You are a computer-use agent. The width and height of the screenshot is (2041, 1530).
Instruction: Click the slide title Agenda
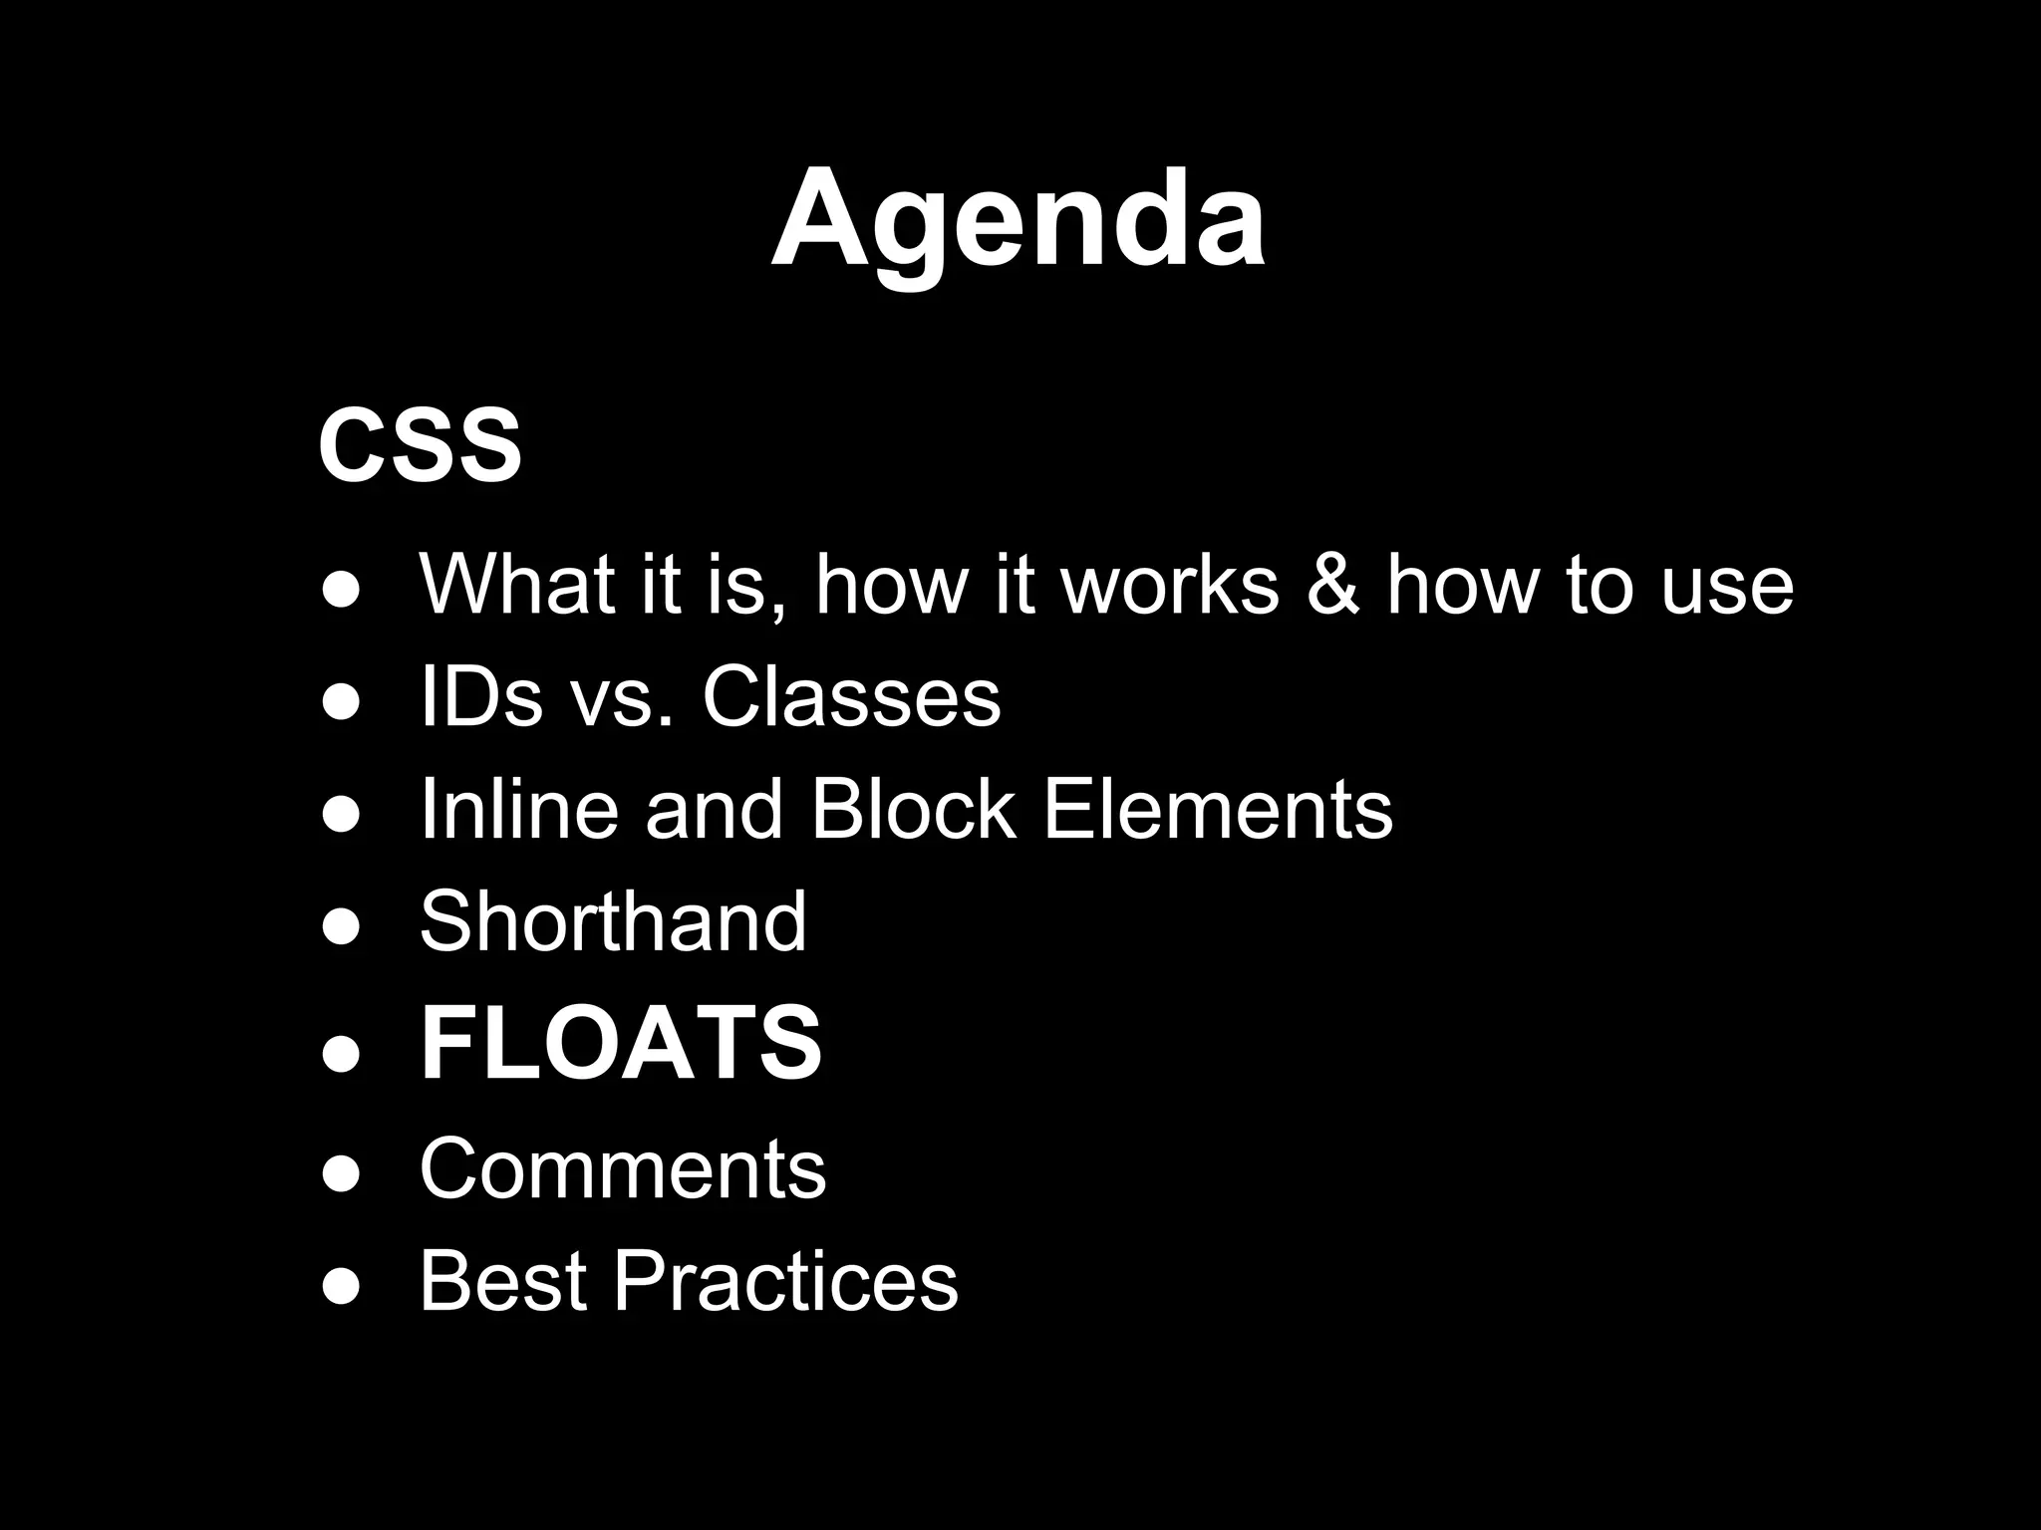click(x=1019, y=221)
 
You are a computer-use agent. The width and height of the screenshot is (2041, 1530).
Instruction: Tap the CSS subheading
click(x=420, y=445)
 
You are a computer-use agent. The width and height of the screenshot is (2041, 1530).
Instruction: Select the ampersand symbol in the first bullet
click(x=1332, y=585)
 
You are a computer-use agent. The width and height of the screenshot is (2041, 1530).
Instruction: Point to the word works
click(x=1169, y=585)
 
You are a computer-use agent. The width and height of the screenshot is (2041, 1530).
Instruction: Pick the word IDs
click(x=481, y=697)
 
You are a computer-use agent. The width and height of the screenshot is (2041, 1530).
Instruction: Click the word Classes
click(x=851, y=697)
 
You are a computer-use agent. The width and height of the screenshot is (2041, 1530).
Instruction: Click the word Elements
click(x=1217, y=809)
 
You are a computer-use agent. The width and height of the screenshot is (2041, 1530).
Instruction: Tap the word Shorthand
click(x=613, y=921)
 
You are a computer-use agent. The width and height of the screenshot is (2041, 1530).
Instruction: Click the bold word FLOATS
click(x=621, y=1043)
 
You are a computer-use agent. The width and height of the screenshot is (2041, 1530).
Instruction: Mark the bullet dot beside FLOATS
click(x=340, y=1054)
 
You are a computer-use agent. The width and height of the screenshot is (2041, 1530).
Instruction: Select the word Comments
click(x=623, y=1167)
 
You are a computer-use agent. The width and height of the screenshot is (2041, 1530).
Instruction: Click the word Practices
click(x=785, y=1281)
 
